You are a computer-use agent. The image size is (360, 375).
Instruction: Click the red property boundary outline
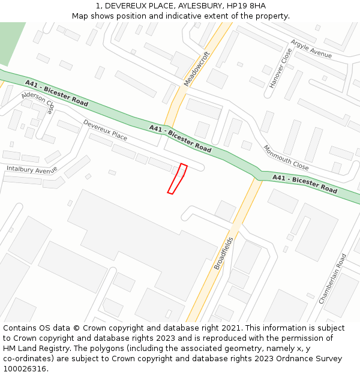click(x=178, y=179)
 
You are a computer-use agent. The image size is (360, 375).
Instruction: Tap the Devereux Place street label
click(x=105, y=130)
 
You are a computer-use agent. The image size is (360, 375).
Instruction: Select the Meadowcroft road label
click(x=197, y=69)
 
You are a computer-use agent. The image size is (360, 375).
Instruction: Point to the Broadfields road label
click(x=223, y=253)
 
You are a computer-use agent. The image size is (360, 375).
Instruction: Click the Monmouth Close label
click(x=286, y=158)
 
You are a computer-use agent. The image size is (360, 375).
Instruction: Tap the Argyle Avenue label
click(x=311, y=49)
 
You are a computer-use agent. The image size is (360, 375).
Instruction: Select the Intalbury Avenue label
click(x=32, y=170)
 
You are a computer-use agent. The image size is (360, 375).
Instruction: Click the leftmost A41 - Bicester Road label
click(x=56, y=93)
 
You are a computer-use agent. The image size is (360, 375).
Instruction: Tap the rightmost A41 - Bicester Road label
click(x=305, y=183)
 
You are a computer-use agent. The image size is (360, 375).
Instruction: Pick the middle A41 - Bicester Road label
click(x=180, y=138)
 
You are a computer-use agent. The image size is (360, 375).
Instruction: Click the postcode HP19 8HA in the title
click(x=246, y=5)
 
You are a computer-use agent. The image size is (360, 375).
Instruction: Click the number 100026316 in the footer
click(x=24, y=368)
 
